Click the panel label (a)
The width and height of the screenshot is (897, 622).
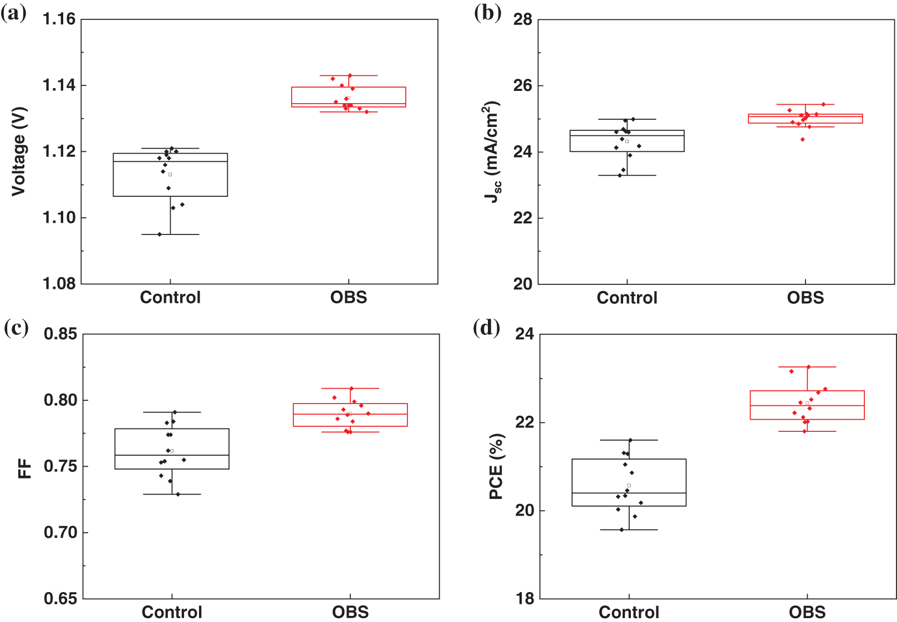click(x=14, y=13)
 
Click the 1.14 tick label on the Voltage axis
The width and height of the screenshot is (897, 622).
click(x=59, y=85)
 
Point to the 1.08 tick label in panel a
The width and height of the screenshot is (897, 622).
click(x=59, y=284)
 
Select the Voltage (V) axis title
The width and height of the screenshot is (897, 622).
click(x=19, y=151)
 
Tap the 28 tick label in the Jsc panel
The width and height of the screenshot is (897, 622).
click(x=522, y=19)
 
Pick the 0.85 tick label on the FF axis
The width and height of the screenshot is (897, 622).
click(x=60, y=334)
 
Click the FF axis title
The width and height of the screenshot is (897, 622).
click(x=25, y=468)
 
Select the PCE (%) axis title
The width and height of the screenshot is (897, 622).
click(x=496, y=466)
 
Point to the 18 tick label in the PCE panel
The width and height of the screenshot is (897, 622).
click(x=524, y=599)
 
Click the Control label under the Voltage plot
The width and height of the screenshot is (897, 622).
click(x=170, y=298)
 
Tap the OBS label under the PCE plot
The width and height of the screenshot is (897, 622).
click(x=807, y=613)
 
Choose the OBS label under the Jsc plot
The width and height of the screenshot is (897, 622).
click(x=806, y=298)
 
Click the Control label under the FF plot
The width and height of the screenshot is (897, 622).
click(x=172, y=613)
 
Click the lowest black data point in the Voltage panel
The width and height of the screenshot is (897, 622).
click(x=160, y=234)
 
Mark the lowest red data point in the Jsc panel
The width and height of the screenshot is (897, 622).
click(x=802, y=140)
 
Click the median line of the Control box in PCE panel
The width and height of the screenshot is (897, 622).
click(x=629, y=493)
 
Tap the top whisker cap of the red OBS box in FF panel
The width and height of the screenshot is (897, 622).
click(x=350, y=388)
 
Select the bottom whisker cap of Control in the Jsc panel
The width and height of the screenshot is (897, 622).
click(x=627, y=175)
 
